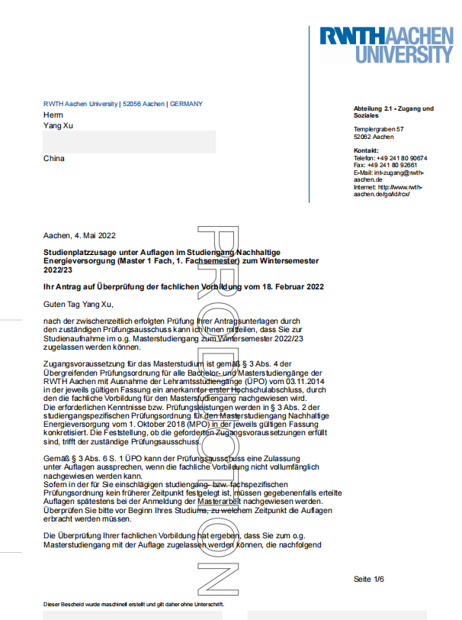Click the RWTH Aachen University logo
click(386, 45)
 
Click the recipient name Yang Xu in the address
click(56, 126)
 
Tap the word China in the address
click(54, 159)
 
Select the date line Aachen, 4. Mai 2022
click(80, 236)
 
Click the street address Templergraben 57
click(379, 129)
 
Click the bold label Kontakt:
click(366, 151)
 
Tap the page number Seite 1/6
click(369, 580)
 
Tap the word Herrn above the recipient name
click(54, 115)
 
